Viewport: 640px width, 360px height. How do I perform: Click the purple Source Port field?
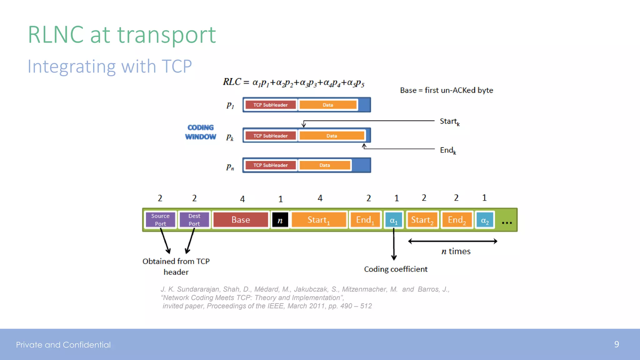[160, 220]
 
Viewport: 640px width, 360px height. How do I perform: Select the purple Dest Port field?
[194, 220]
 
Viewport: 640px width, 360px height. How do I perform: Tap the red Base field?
[241, 220]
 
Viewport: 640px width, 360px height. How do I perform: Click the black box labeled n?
[280, 220]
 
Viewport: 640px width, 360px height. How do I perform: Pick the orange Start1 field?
[318, 220]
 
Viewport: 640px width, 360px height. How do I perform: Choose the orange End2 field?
[457, 220]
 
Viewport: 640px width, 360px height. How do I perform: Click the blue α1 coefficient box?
[393, 220]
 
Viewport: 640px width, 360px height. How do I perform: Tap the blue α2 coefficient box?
[485, 220]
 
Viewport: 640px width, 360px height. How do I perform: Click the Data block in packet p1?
[328, 105]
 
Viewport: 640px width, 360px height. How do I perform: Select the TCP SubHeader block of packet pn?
[271, 165]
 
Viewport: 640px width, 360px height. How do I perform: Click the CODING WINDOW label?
[201, 132]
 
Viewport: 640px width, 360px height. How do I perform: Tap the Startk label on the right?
[449, 121]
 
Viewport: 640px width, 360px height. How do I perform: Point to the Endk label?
[448, 150]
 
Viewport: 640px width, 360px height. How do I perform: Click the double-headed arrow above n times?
[452, 241]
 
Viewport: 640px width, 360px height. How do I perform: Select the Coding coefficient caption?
[396, 269]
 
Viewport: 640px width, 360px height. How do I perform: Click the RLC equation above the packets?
[293, 82]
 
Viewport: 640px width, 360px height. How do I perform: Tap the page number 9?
[616, 344]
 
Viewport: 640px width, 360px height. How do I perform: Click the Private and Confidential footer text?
[63, 345]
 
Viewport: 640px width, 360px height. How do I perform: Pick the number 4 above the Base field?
[242, 199]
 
